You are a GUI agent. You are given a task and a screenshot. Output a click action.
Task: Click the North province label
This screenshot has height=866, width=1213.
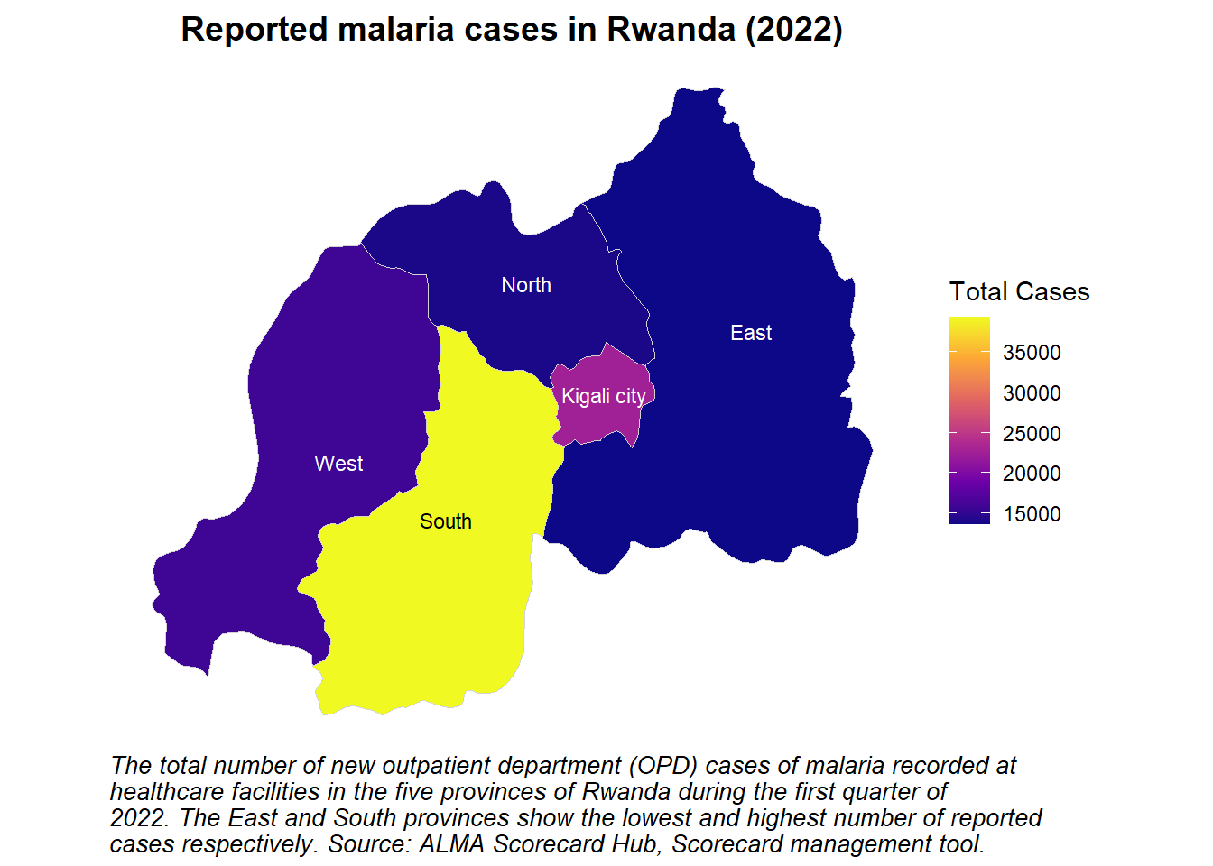(x=526, y=285)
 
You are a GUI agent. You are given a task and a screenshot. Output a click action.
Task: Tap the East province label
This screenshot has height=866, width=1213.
(x=751, y=333)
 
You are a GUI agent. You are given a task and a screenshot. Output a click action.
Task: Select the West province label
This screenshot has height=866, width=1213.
(x=338, y=464)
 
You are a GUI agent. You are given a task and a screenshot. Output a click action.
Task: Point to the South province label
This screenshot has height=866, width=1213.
(x=446, y=521)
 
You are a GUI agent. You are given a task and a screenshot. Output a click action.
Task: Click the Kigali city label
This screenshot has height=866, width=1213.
(x=604, y=397)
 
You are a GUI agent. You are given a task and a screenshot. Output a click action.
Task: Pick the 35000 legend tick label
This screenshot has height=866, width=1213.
(x=1032, y=353)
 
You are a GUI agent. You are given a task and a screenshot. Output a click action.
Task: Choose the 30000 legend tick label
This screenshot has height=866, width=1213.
(x=1032, y=393)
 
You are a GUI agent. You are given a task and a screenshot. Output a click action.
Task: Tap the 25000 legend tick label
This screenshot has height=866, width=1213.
(x=1032, y=434)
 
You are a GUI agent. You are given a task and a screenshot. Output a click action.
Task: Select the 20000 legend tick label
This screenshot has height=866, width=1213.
(x=1032, y=474)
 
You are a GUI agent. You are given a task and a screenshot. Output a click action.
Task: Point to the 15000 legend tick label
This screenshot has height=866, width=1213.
(x=1032, y=514)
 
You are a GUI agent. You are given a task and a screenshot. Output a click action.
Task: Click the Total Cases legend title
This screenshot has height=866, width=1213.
(x=1019, y=291)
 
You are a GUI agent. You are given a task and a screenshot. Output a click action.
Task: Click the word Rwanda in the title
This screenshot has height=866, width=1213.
(x=671, y=29)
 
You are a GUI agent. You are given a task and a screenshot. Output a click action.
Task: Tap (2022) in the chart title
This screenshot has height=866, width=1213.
(x=794, y=29)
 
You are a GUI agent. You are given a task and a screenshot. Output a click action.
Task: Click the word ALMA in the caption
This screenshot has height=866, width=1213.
(x=451, y=843)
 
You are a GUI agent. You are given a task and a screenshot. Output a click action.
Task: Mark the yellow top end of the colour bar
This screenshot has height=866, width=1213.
(x=969, y=318)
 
